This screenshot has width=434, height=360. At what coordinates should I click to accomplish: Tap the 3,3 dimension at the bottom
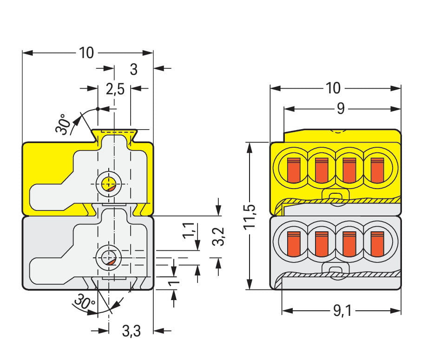[131, 331]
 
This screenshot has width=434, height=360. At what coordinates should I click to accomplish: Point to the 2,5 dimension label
[115, 89]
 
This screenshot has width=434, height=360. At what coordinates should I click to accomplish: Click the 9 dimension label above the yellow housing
[341, 109]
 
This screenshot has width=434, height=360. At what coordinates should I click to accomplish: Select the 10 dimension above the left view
[86, 53]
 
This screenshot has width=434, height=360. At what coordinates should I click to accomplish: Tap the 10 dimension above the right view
[333, 88]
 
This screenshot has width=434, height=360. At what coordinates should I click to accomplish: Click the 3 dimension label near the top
[134, 69]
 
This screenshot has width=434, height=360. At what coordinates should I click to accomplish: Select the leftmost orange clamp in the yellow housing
[293, 170]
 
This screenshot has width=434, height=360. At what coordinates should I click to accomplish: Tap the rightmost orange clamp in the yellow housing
[377, 170]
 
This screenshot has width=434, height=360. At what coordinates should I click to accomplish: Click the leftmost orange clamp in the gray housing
[293, 243]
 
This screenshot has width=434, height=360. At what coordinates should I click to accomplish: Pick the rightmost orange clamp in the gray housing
[377, 243]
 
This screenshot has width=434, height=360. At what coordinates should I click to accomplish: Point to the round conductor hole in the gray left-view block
[109, 257]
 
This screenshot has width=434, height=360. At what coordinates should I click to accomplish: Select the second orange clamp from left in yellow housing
[322, 170]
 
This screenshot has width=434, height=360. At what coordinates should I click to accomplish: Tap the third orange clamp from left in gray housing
[349, 243]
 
